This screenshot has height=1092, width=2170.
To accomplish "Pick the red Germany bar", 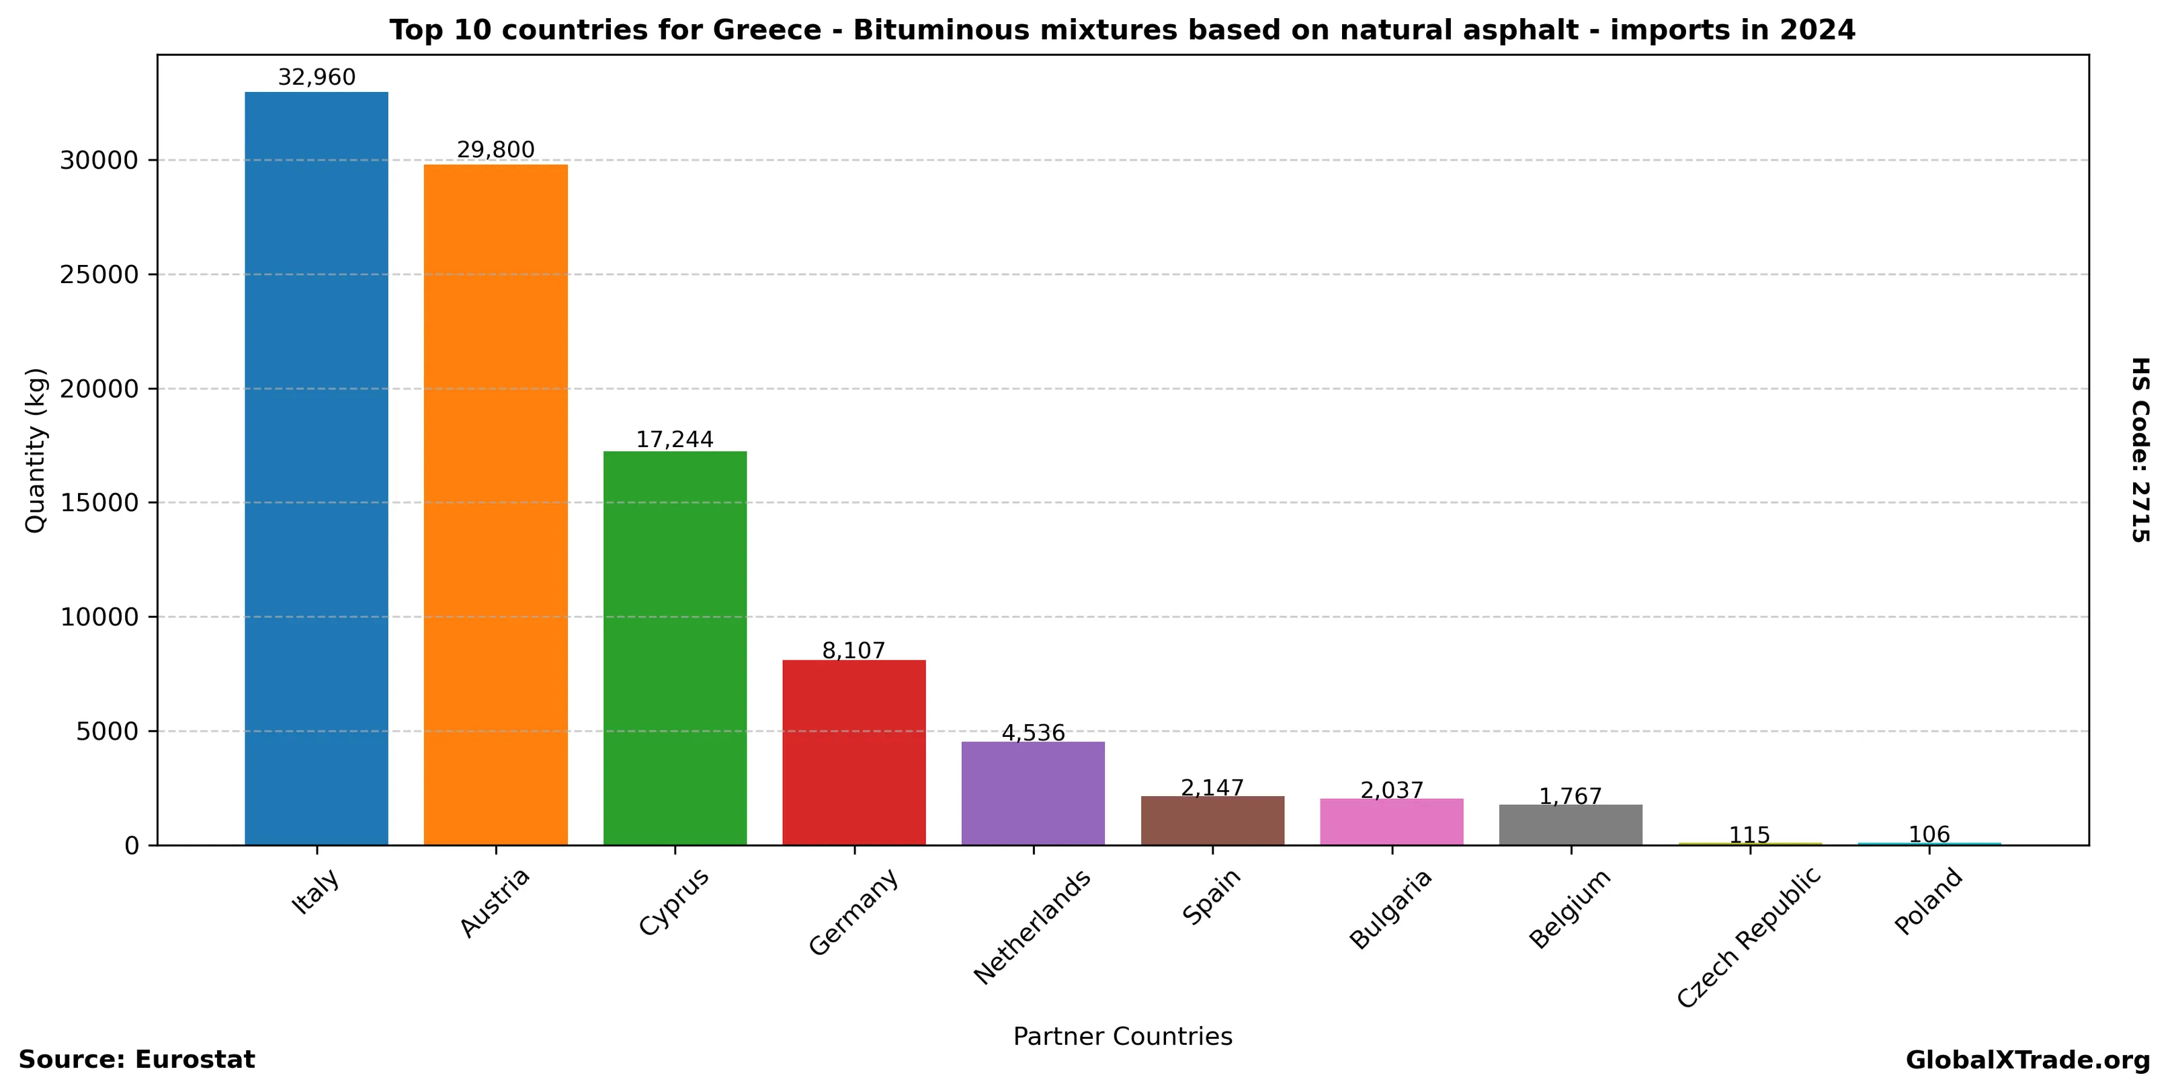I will pos(853,752).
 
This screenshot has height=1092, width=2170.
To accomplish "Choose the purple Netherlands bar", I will pos(1033,793).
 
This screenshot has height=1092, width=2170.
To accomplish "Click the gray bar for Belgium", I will pos(1571,824).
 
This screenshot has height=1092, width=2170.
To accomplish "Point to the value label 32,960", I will pos(317,77).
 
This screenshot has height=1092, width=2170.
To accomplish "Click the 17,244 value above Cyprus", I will pos(674,440).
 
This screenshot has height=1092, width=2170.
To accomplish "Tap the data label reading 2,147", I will pos(1212,788).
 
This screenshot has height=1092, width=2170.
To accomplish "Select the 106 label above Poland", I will pos(1929,834).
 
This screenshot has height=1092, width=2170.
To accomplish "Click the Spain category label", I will pos(1212,896).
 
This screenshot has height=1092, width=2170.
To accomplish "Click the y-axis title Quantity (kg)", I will pos(36,450).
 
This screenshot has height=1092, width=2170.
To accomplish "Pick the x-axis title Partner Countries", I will pos(1122,1036).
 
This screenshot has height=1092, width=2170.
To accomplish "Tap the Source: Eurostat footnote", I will pos(136,1060).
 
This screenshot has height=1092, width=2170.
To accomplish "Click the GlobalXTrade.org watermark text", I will pos(2028,1061).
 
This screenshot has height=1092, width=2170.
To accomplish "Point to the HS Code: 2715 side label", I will pos(2140,450).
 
